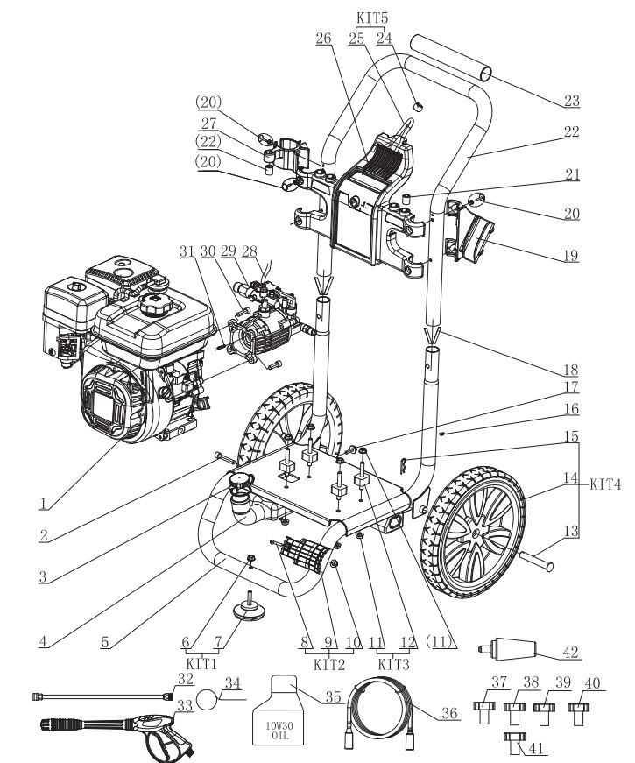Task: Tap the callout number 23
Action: tap(571, 101)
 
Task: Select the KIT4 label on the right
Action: tap(607, 480)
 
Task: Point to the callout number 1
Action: tap(41, 502)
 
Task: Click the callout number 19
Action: tap(571, 255)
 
